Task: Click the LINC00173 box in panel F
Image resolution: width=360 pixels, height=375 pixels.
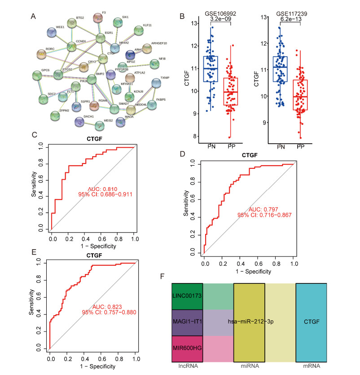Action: coord(187,296)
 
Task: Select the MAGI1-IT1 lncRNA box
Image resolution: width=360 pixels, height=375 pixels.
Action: coord(187,322)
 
